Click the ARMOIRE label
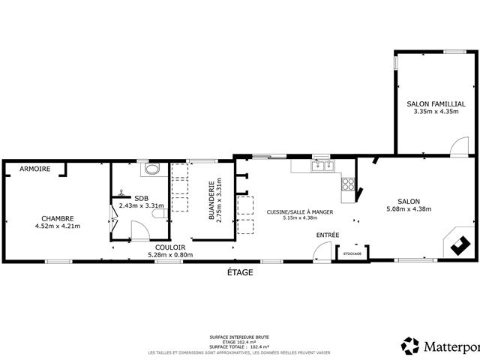35,169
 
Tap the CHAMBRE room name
57,218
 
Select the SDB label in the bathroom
141,198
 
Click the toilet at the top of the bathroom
152,169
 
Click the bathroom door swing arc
139,229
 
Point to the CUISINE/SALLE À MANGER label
299,212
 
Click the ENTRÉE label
327,235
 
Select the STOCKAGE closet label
352,253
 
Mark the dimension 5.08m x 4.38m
408,209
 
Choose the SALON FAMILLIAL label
436,103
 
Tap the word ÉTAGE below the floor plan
241,272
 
